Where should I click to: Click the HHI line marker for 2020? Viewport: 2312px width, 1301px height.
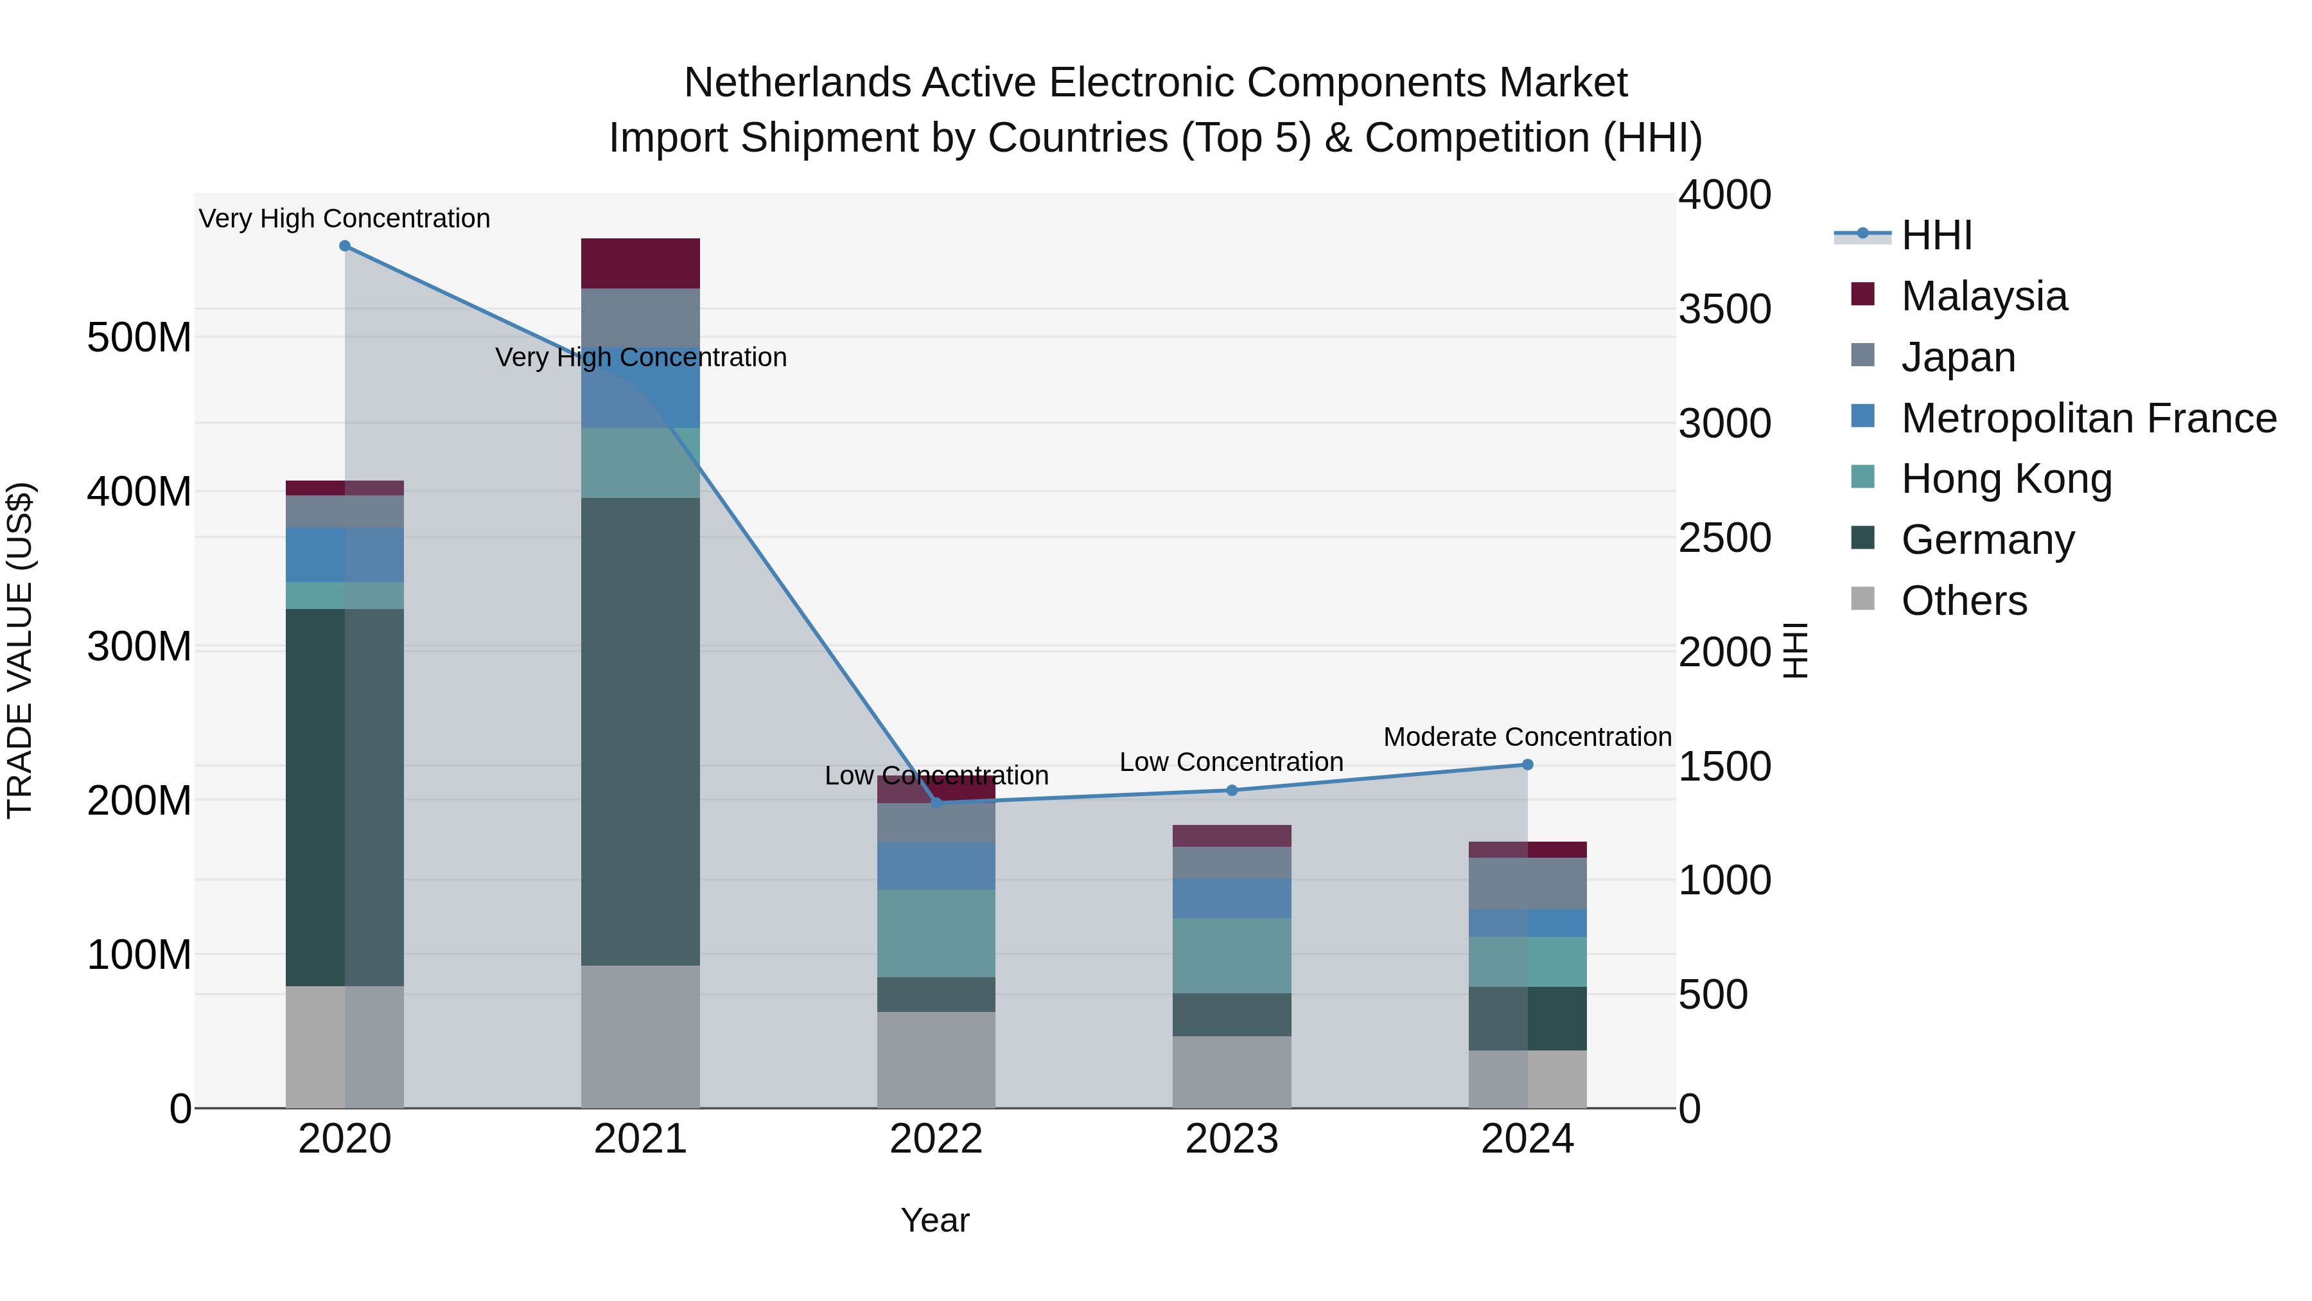[x=345, y=246]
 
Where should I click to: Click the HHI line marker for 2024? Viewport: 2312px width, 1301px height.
[x=1528, y=765]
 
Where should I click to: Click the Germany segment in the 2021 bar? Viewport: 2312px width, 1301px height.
[x=640, y=732]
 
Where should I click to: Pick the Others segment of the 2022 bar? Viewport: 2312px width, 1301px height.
[x=936, y=1059]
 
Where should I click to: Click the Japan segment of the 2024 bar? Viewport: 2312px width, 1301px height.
[x=1528, y=883]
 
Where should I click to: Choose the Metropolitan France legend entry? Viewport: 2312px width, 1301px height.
[x=2088, y=418]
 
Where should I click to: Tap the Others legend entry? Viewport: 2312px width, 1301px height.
[x=1964, y=600]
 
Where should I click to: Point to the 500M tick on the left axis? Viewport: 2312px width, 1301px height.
[x=139, y=337]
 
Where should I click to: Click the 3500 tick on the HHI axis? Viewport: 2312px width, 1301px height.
[x=1724, y=309]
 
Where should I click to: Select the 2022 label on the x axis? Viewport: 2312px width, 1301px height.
[x=936, y=1139]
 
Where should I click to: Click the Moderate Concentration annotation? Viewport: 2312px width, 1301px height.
[x=1528, y=737]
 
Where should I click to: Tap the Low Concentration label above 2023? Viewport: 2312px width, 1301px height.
[x=1231, y=762]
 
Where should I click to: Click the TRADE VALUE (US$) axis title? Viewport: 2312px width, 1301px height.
[x=20, y=650]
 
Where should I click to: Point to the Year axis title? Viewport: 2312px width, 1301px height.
[x=935, y=1220]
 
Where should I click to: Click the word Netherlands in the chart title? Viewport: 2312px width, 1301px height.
[x=797, y=83]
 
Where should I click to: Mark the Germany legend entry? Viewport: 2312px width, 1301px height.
[x=1987, y=540]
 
